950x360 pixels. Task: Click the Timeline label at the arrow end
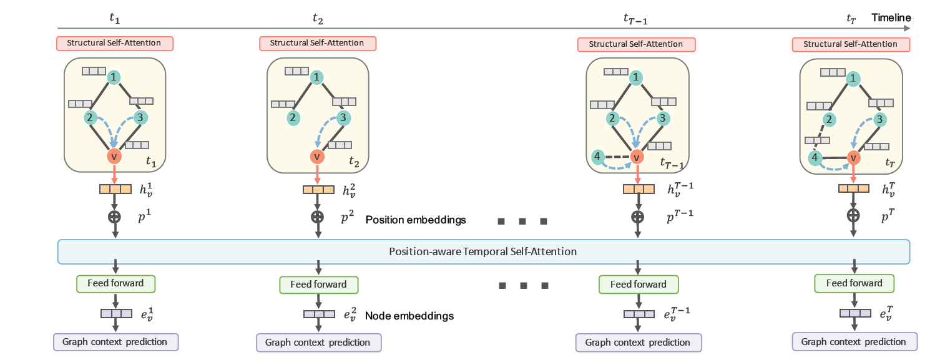(x=891, y=18)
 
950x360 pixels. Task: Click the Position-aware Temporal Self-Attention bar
(x=482, y=251)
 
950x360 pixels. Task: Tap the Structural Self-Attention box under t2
(x=318, y=44)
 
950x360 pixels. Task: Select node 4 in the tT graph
(x=814, y=158)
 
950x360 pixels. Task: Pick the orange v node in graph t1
(x=114, y=156)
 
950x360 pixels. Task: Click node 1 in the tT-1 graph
(x=635, y=77)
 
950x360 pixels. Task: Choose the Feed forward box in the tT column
(x=853, y=283)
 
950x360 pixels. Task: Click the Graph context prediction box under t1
(x=115, y=342)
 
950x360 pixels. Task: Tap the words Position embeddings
(x=416, y=220)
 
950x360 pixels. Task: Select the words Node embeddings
(x=409, y=316)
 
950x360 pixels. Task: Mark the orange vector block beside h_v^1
(x=115, y=188)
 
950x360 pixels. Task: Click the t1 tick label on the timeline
(x=115, y=17)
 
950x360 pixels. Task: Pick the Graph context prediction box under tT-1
(x=638, y=343)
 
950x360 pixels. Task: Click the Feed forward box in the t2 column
(x=318, y=285)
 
